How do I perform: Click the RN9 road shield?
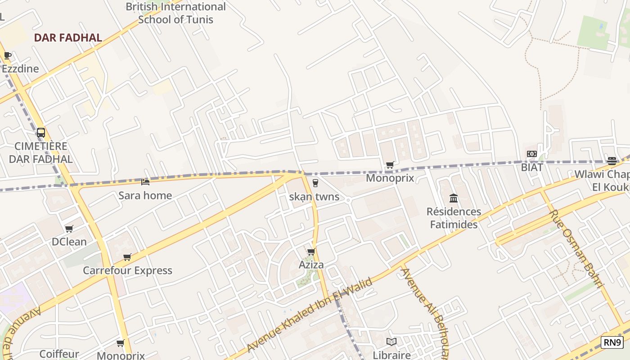pyautogui.click(x=612, y=342)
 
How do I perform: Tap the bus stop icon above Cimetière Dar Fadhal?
pyautogui.click(x=41, y=133)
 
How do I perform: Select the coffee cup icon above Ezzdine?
pyautogui.click(x=7, y=56)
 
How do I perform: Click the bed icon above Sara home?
pyautogui.click(x=145, y=182)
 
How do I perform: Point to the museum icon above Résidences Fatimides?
pyautogui.click(x=454, y=198)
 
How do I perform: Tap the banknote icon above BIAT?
pyautogui.click(x=532, y=154)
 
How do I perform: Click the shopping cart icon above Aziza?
pyautogui.click(x=311, y=252)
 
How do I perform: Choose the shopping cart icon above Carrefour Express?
pyautogui.click(x=127, y=257)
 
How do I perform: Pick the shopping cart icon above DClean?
pyautogui.click(x=69, y=229)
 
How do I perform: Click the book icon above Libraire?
pyautogui.click(x=391, y=342)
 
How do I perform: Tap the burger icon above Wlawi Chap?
pyautogui.click(x=612, y=161)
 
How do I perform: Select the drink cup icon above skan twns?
pyautogui.click(x=315, y=183)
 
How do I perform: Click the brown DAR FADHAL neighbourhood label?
pyautogui.click(x=68, y=38)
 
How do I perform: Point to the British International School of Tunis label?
pyautogui.click(x=175, y=13)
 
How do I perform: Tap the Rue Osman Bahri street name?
pyautogui.click(x=576, y=248)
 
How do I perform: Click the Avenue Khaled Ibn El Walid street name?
pyautogui.click(x=310, y=315)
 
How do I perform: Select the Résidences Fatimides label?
pyautogui.click(x=454, y=218)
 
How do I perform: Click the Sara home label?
pyautogui.click(x=145, y=195)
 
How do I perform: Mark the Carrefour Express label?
pyautogui.click(x=127, y=270)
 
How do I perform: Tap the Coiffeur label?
pyautogui.click(x=59, y=354)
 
